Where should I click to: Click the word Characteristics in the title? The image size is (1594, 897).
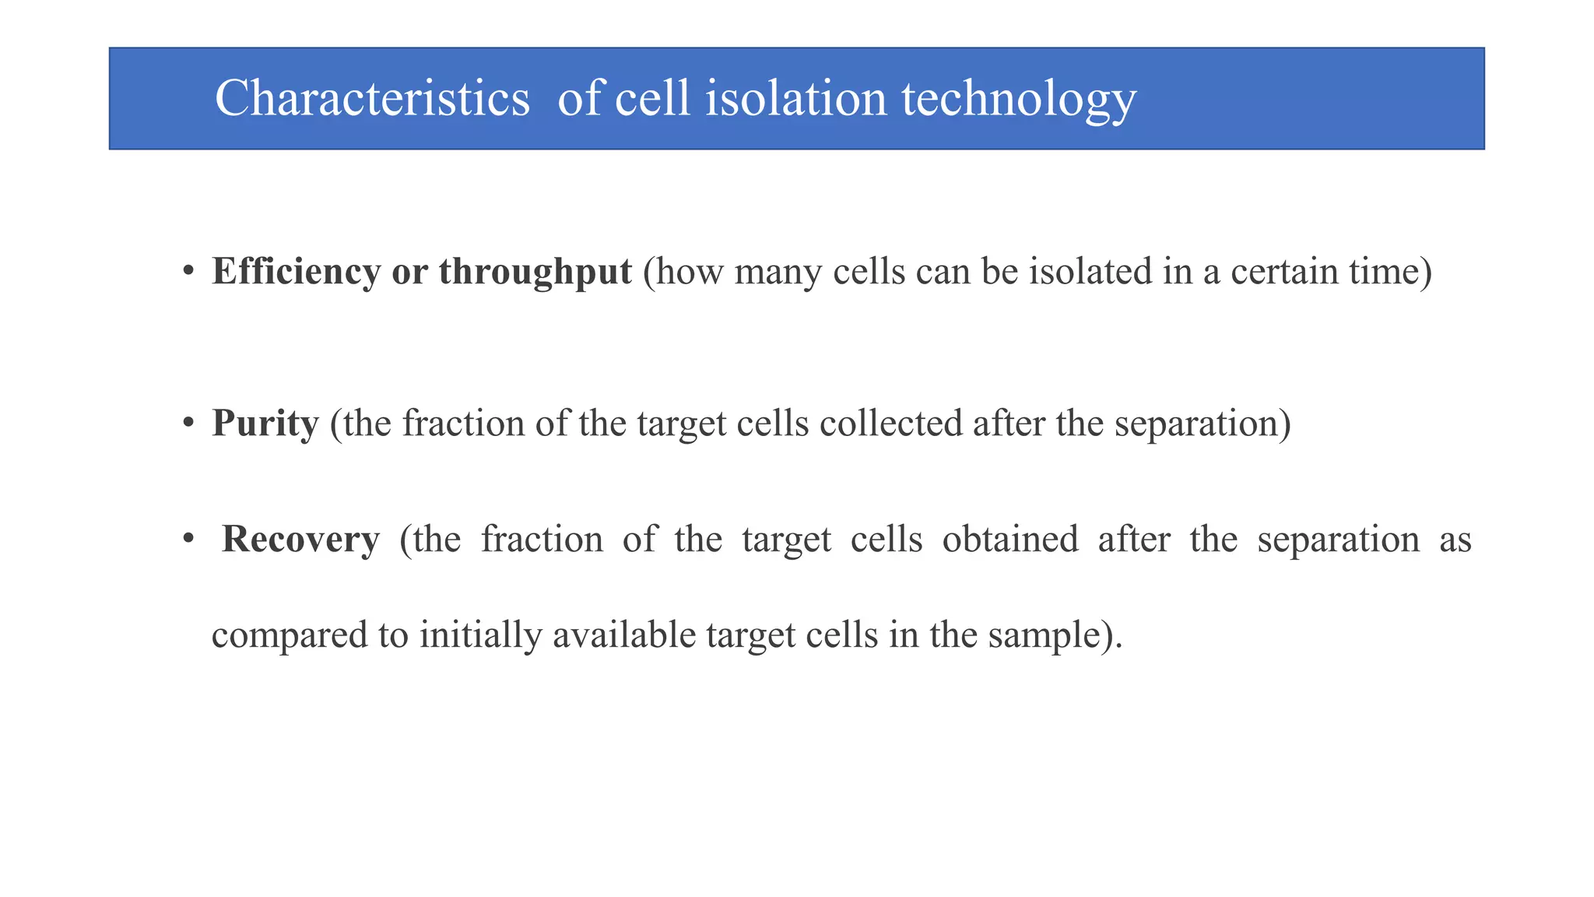[372, 99]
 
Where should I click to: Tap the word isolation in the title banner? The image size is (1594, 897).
[795, 99]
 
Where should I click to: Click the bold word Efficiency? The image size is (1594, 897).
[296, 272]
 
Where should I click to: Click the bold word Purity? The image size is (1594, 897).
[265, 424]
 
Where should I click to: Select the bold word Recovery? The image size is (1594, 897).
[300, 540]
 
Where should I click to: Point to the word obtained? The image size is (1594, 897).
[1010, 540]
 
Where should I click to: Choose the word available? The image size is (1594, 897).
[624, 635]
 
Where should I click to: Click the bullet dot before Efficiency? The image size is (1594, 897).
[188, 272]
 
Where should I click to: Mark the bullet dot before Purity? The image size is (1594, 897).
[188, 424]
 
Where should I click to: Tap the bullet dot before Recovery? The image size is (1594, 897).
[188, 539]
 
